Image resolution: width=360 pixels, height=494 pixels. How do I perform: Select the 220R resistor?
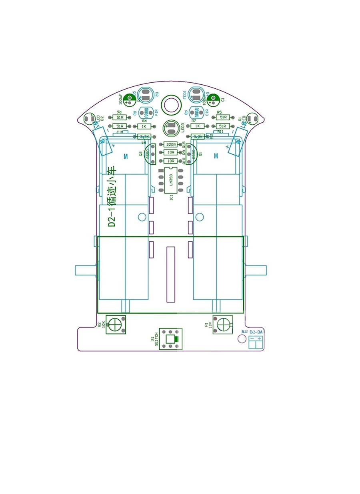tap(171, 145)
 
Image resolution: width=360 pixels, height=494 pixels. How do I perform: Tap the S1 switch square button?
tap(171, 340)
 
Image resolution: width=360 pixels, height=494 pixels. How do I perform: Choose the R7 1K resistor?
tap(197, 126)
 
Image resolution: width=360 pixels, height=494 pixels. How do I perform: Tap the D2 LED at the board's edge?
tap(89, 119)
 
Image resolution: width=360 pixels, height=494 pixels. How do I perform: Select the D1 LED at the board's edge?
tap(253, 119)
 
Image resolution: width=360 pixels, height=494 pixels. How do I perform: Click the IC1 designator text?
tap(171, 197)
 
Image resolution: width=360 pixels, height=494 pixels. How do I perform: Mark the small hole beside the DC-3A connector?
tap(242, 339)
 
